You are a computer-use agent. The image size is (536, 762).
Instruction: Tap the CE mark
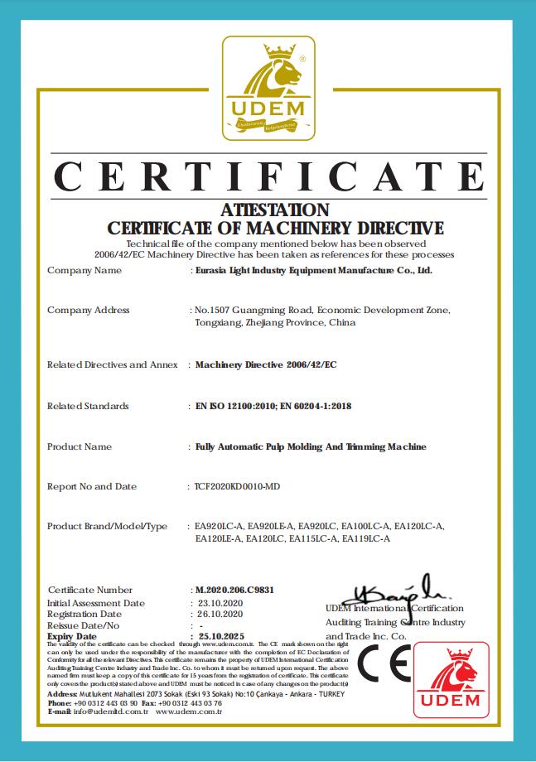[x=383, y=664]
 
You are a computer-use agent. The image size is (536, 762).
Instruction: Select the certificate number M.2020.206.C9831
[x=232, y=590]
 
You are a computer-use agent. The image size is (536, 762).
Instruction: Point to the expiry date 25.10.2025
[x=216, y=635]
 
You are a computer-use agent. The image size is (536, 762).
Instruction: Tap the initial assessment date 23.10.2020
[x=215, y=603]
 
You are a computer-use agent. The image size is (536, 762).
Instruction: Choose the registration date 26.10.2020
[x=215, y=614]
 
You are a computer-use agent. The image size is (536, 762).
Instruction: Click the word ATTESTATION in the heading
[x=276, y=210]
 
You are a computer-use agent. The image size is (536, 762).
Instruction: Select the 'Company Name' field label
[x=85, y=270]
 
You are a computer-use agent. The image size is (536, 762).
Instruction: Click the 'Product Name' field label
[x=80, y=446]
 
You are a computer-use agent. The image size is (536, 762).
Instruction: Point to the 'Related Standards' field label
[x=88, y=406]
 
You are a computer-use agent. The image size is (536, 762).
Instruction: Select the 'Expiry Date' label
[x=73, y=635]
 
